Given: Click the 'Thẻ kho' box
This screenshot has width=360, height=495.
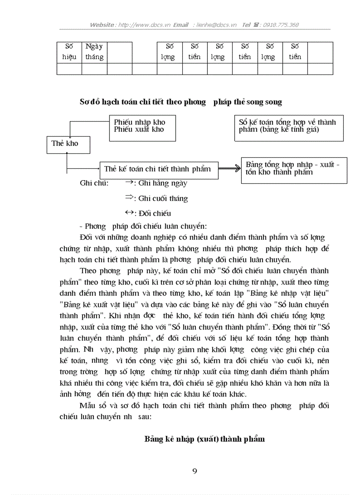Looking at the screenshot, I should [x=64, y=144].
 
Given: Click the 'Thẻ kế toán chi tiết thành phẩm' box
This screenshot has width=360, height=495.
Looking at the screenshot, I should [x=158, y=169].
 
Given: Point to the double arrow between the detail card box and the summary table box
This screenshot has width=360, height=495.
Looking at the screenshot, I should [x=229, y=168].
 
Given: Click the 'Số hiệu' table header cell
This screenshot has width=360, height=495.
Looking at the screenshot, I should [x=69, y=52].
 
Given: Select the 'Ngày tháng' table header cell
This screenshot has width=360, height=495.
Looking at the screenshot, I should [x=94, y=52].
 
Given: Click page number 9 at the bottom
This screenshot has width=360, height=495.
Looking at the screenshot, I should [x=195, y=471].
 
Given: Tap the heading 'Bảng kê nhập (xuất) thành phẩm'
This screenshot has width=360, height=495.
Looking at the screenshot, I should [x=205, y=439].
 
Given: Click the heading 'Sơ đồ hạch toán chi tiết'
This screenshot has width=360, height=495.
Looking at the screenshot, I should [x=180, y=102].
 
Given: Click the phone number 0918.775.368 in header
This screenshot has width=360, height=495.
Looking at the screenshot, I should [x=281, y=25].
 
